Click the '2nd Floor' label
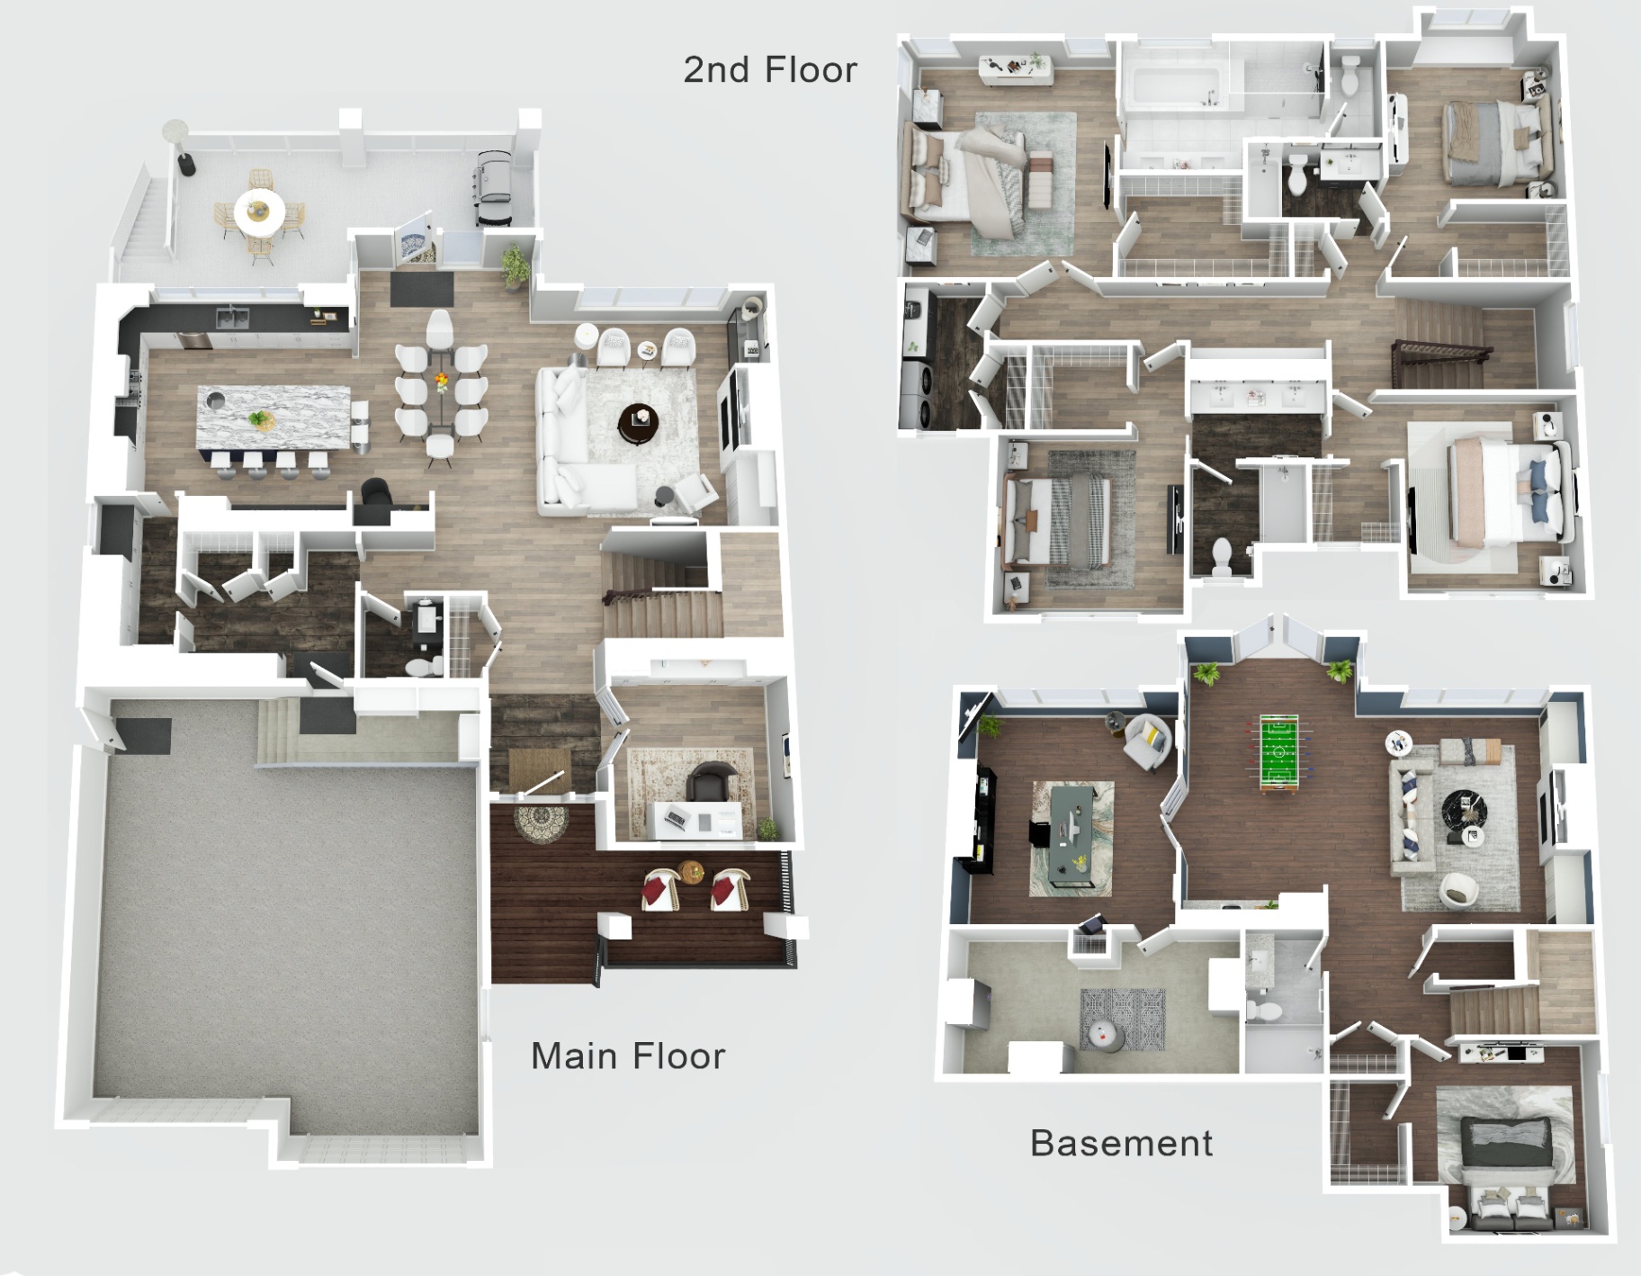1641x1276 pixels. [770, 70]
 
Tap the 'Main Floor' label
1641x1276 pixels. [628, 1056]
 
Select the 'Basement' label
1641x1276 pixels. [1121, 1144]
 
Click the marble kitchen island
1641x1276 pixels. [274, 419]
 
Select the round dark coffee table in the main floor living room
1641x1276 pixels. [639, 421]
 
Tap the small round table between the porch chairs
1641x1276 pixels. [691, 871]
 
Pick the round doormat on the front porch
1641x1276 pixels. [541, 822]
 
